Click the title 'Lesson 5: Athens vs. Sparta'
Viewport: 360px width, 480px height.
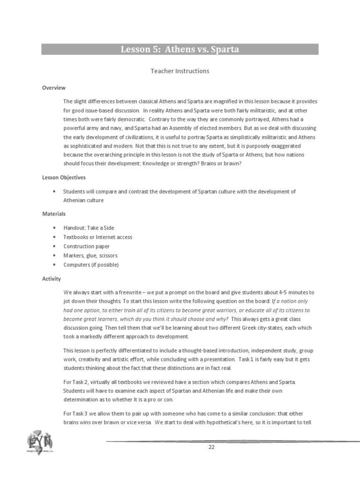point(180,49)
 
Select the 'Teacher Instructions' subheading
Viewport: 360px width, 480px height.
point(180,71)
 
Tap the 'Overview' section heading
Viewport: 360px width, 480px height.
point(53,88)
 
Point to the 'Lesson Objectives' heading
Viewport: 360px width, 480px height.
point(64,178)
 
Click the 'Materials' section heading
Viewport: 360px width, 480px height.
point(54,214)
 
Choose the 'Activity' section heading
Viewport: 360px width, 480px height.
point(52,279)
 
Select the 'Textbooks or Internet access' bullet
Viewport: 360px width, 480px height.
point(98,237)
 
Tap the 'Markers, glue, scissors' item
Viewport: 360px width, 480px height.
point(90,255)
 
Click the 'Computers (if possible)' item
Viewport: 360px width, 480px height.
point(91,265)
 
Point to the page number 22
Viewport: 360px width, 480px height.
point(211,447)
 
